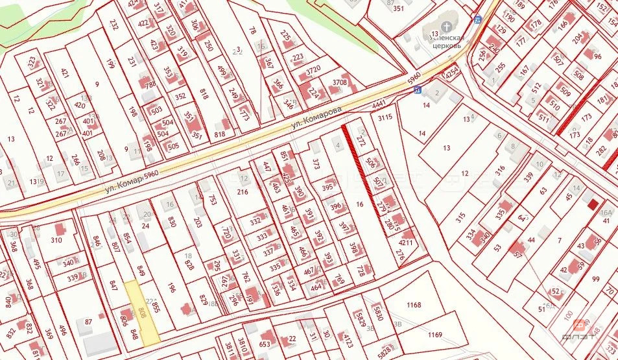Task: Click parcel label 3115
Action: pos(386,117)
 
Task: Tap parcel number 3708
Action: pos(340,83)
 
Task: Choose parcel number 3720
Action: pos(313,70)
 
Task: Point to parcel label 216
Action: pos(243,193)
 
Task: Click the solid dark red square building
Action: pos(593,205)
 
